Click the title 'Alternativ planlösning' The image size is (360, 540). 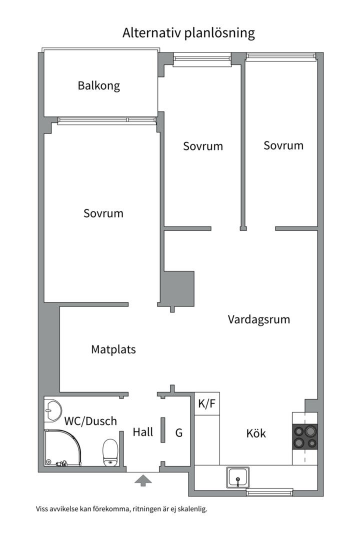188,33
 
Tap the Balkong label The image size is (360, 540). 98,85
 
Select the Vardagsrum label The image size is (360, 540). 258,319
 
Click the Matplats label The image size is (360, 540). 113,349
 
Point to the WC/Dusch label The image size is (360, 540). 90,421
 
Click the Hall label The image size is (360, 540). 142,432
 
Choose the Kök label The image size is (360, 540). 256,433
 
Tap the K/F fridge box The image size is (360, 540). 207,404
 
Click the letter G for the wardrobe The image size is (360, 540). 178,432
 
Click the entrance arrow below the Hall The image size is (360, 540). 143,481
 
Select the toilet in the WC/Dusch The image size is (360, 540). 110,452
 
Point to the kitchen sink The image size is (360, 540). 237,477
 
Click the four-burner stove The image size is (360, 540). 305,436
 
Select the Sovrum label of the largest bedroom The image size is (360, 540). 103,213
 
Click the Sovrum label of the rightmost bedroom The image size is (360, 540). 283,145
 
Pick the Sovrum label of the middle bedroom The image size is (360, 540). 202,146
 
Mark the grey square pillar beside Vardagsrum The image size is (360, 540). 179,288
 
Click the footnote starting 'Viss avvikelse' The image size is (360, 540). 121,509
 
